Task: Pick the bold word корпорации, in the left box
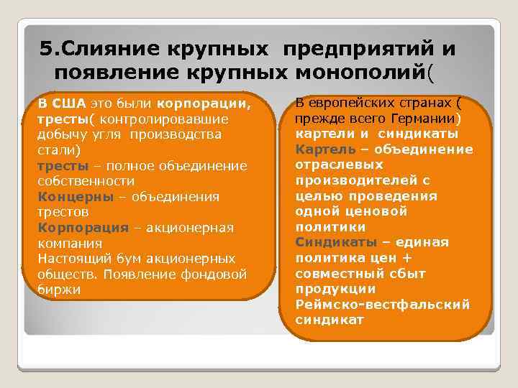click(x=204, y=103)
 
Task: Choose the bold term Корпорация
click(x=83, y=227)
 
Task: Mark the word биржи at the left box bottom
click(x=58, y=289)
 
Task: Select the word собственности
click(x=86, y=180)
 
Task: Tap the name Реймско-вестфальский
click(x=383, y=305)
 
